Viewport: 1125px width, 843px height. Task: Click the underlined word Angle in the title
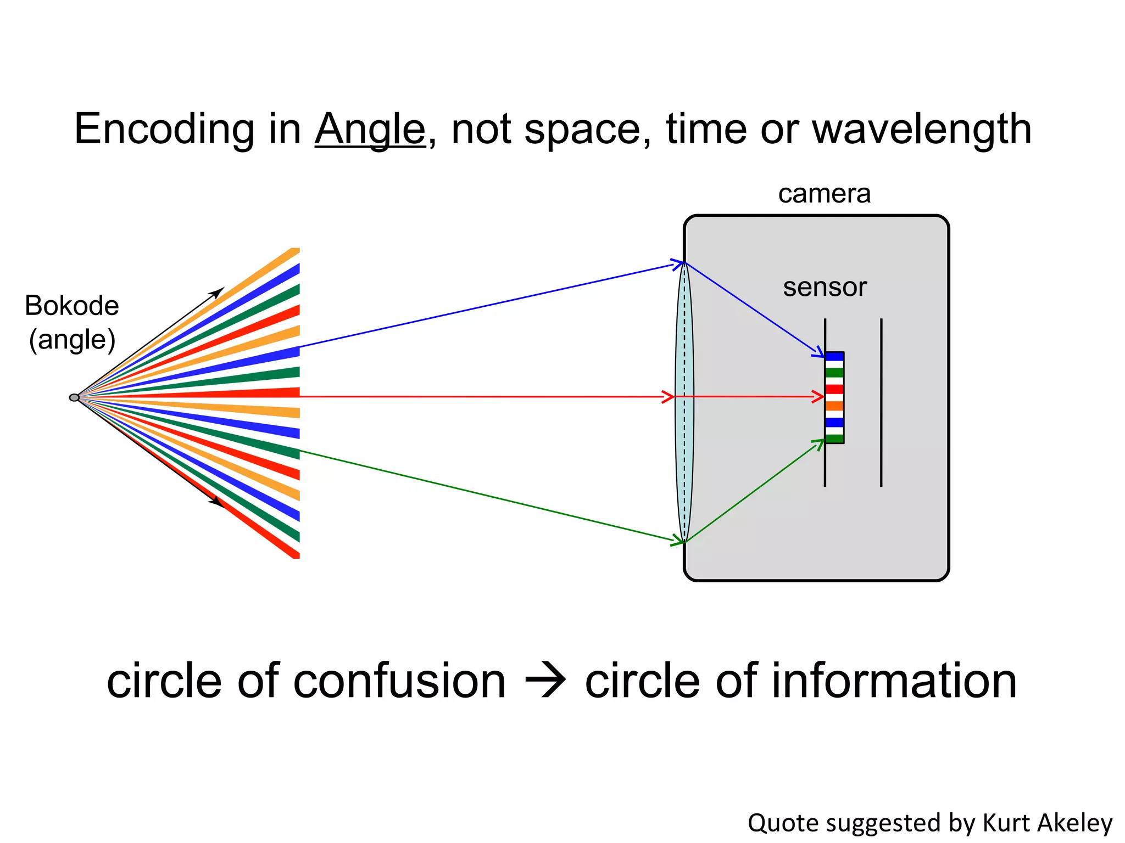(370, 129)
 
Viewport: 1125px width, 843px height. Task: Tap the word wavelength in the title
(921, 129)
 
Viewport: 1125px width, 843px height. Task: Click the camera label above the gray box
(824, 194)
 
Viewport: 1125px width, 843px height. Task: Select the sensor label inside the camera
(825, 287)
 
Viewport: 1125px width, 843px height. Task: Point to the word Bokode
(72, 306)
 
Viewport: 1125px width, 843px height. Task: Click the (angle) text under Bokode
(72, 340)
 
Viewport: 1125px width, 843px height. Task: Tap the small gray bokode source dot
(74, 397)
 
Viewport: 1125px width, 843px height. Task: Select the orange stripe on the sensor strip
(834, 406)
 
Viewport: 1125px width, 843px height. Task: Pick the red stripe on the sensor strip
(834, 389)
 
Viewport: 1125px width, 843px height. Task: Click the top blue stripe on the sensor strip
(834, 357)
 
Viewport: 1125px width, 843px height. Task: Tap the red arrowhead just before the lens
(668, 397)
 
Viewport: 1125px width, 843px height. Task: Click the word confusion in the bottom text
(399, 681)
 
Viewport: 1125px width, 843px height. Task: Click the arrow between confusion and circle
(545, 682)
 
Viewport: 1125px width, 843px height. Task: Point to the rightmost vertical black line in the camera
(881, 402)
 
